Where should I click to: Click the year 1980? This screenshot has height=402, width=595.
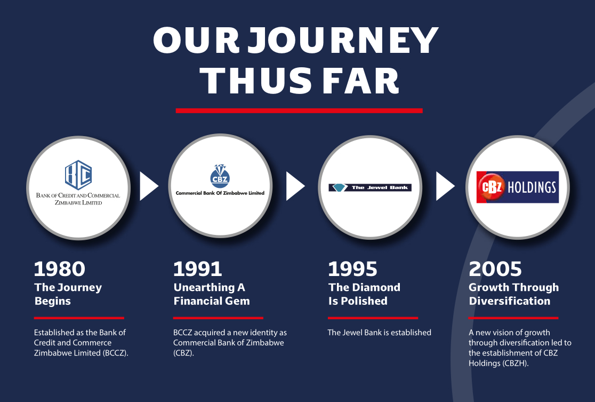[60, 269]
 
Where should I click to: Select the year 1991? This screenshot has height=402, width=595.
[197, 269]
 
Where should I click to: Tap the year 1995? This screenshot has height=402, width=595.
[352, 269]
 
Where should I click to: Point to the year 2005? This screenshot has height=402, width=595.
[495, 269]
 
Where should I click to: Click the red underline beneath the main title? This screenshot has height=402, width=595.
[299, 111]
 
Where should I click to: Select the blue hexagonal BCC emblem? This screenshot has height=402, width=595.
[78, 175]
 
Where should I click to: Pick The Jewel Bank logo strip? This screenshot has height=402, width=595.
[370, 187]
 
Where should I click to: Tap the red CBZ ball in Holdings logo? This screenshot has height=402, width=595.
[492, 187]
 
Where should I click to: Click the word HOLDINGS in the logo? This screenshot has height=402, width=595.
[532, 187]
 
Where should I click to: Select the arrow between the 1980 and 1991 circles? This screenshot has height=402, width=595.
[148, 186]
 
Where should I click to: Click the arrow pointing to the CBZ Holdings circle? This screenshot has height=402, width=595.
[445, 186]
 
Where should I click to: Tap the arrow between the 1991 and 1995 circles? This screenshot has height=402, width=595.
[295, 186]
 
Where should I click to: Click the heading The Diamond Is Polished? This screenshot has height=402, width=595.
[364, 294]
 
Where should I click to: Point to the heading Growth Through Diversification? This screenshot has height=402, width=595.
[514, 294]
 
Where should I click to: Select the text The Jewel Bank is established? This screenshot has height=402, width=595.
[380, 333]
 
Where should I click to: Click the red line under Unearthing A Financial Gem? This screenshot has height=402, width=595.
[218, 318]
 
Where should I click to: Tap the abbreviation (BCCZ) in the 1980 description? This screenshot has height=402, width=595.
[115, 353]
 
